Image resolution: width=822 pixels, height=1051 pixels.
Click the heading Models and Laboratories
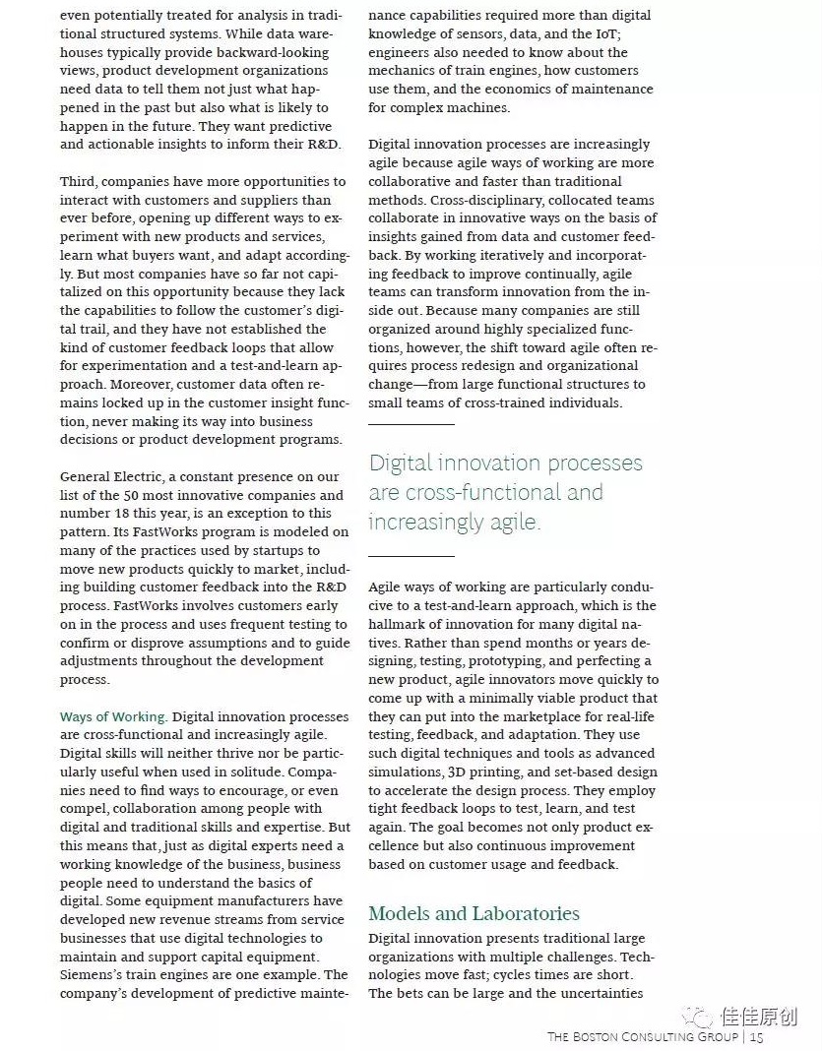(x=474, y=913)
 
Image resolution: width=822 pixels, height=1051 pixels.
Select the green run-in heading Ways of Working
(x=113, y=716)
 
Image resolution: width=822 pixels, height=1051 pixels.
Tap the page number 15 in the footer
(x=757, y=1036)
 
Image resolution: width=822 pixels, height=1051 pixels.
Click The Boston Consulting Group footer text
(x=642, y=1036)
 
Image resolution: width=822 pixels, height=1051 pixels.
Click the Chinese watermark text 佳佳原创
(x=759, y=1017)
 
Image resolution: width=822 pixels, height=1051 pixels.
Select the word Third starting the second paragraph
(x=78, y=181)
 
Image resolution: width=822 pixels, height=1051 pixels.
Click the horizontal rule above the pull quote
(x=411, y=424)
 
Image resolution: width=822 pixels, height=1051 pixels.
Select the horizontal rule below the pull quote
(x=411, y=556)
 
